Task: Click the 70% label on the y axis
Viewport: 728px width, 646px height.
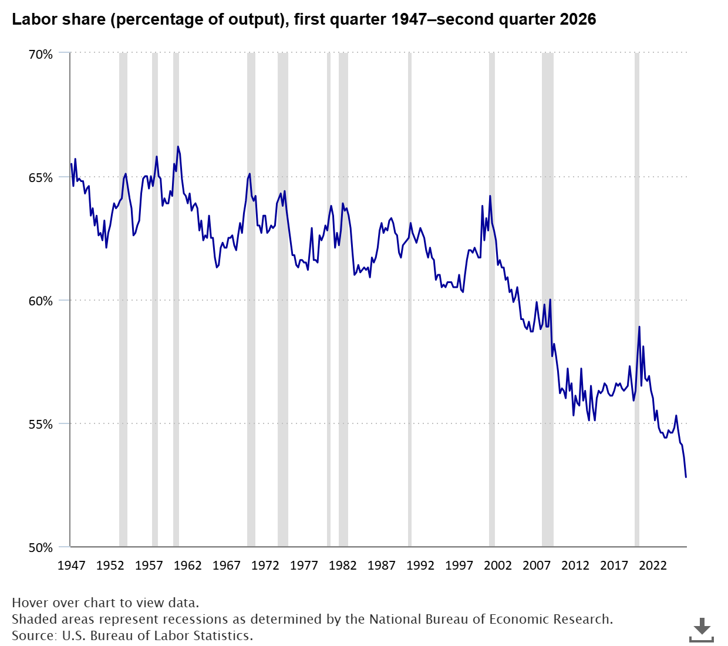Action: point(41,55)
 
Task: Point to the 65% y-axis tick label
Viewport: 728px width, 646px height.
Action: point(41,178)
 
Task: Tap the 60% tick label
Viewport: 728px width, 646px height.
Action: point(41,301)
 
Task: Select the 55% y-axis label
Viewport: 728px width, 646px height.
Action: point(41,425)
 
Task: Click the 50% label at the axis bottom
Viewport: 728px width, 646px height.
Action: point(41,548)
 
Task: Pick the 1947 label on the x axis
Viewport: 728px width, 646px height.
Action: point(72,566)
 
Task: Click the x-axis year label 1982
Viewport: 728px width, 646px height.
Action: point(343,566)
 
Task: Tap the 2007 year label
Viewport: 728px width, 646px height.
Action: point(537,566)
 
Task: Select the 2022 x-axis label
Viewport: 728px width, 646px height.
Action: point(653,566)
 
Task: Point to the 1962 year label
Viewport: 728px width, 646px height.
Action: point(187,566)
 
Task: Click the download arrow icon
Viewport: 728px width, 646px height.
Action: point(702,630)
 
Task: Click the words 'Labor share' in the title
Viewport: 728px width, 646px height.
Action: point(59,19)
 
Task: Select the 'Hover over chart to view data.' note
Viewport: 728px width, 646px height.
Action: point(105,603)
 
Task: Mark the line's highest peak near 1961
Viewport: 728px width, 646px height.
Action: point(178,147)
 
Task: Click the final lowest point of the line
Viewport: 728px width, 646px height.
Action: point(686,477)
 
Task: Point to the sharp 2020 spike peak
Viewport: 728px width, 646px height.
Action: point(639,327)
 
